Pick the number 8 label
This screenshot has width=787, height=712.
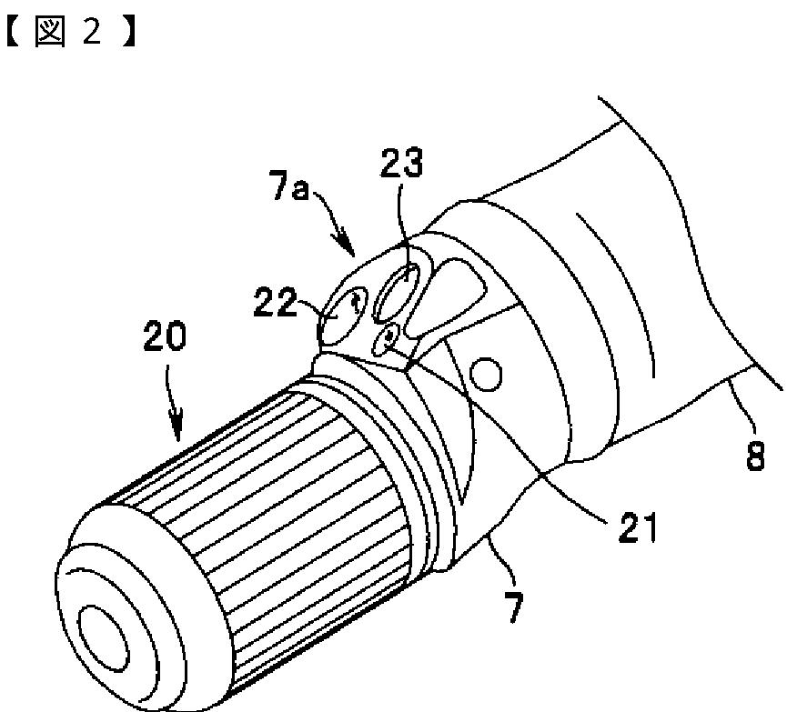[x=755, y=454]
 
